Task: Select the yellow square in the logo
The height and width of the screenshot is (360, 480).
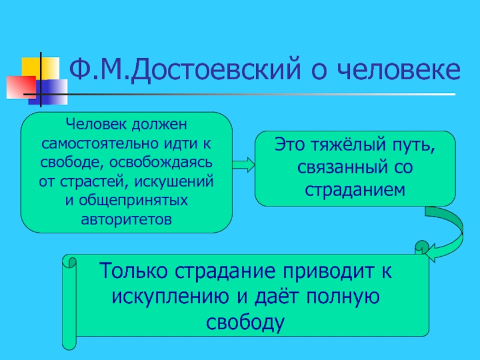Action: coord(31,68)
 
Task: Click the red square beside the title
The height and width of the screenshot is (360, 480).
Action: coord(17,86)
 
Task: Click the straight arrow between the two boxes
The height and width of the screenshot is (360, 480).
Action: coord(244,163)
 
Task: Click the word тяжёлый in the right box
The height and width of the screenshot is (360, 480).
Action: coord(343,145)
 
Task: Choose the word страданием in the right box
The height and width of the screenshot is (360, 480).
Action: coord(355,188)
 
